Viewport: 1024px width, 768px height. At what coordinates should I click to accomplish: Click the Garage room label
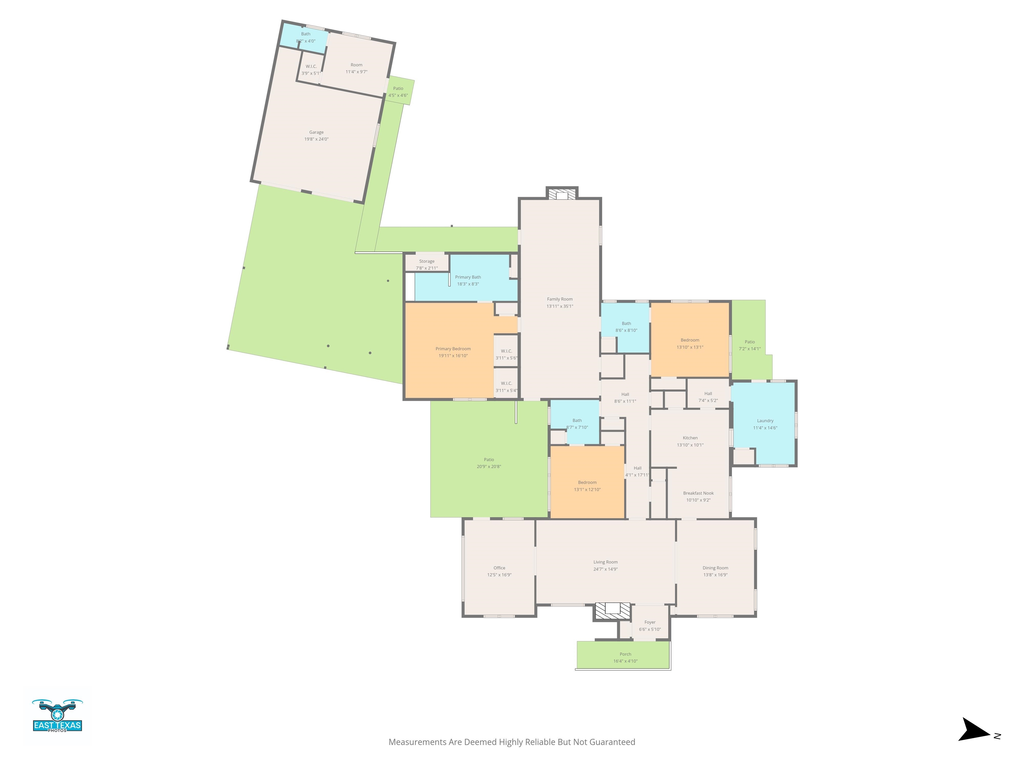click(316, 132)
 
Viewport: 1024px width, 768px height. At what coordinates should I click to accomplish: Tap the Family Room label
click(560, 299)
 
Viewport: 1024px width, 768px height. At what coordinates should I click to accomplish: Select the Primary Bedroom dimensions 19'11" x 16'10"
click(453, 356)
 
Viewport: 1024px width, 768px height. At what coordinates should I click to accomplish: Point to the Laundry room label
click(765, 421)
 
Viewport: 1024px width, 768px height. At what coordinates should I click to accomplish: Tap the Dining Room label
click(715, 568)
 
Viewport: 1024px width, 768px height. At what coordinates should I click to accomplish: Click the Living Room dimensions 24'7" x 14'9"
click(606, 569)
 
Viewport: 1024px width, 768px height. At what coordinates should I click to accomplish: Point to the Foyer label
click(650, 622)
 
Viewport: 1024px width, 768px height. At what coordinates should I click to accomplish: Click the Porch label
click(625, 654)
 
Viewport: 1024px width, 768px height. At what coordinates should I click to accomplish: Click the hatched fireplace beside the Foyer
click(612, 611)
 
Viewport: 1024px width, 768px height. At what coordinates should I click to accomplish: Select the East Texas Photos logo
click(57, 716)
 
